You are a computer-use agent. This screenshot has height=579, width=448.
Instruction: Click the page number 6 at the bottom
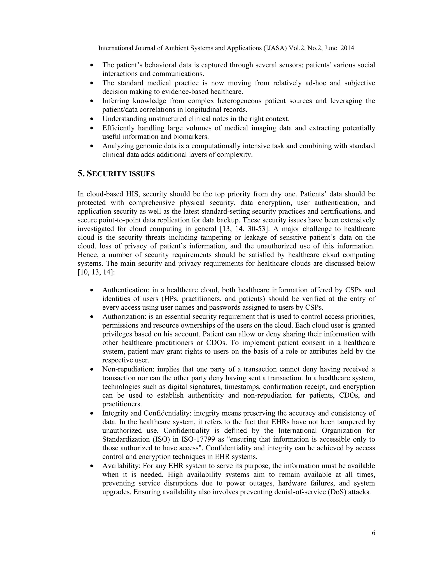pyautogui.click(x=373, y=533)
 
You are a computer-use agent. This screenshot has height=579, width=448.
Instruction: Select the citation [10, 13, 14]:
pyautogui.click(x=96, y=272)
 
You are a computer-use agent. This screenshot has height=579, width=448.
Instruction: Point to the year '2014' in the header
pyautogui.click(x=347, y=48)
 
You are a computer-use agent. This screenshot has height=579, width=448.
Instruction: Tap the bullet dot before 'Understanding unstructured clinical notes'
pyautogui.click(x=92, y=119)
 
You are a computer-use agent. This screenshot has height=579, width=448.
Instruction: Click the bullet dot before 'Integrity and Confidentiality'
pyautogui.click(x=92, y=413)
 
